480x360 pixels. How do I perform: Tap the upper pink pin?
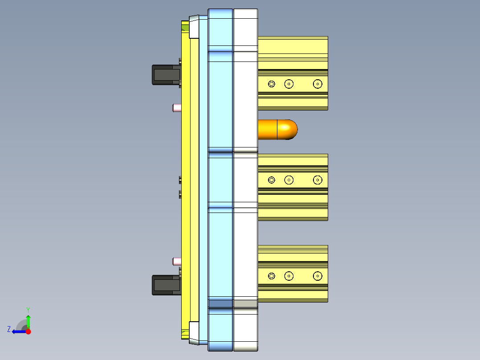coord(176,107)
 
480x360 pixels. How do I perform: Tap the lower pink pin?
coord(176,261)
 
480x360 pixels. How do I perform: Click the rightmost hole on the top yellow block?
coord(317,84)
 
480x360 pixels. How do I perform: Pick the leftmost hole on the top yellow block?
coord(272,84)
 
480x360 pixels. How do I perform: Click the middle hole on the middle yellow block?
coord(289,180)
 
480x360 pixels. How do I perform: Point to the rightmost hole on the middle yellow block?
coord(317,180)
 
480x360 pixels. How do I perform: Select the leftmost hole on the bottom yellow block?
coord(272,276)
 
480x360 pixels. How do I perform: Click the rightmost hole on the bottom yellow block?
coord(317,276)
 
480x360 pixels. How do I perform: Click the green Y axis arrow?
coord(28,321)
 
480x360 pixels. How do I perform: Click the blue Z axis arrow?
coord(18,331)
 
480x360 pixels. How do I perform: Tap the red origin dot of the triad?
coord(28,331)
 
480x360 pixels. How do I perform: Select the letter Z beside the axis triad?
coord(9,329)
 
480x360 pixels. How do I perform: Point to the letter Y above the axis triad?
coord(28,310)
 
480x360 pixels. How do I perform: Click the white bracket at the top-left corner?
coord(194,27)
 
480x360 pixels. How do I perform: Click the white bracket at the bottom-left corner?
coord(194,332)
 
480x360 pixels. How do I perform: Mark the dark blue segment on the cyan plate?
coord(220,303)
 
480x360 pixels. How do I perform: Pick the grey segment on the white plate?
coord(245,303)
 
